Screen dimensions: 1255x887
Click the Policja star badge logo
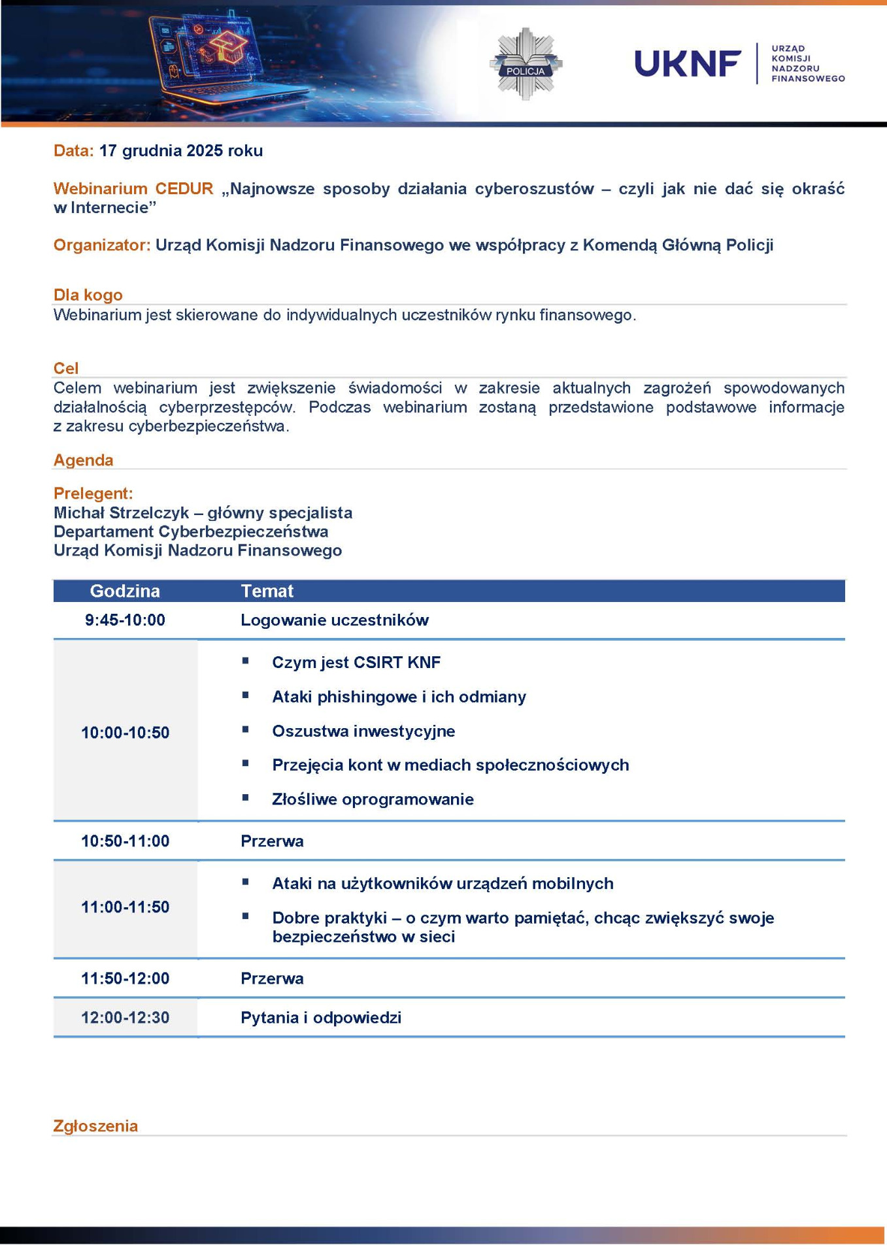(x=526, y=64)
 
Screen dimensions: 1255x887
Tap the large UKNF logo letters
(x=688, y=64)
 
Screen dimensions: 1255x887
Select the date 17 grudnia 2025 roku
(x=181, y=151)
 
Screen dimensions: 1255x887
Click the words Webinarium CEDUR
(x=133, y=189)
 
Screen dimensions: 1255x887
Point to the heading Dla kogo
(x=88, y=295)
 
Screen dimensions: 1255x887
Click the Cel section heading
(x=66, y=368)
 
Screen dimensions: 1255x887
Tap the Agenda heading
(x=84, y=460)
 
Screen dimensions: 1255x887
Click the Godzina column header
(x=125, y=591)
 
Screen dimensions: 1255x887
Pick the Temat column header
(x=267, y=591)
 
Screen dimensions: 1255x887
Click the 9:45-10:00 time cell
(x=125, y=620)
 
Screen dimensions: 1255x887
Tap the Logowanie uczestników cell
(x=335, y=620)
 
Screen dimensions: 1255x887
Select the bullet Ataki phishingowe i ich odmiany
(x=399, y=697)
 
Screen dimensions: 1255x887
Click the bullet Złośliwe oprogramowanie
(x=373, y=799)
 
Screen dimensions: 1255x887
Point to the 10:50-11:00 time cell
(x=125, y=841)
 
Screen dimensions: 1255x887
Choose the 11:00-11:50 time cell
(x=125, y=907)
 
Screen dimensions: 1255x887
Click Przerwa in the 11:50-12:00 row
(x=272, y=979)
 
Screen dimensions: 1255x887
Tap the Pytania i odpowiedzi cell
(x=321, y=1018)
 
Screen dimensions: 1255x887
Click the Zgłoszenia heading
(x=95, y=1126)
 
